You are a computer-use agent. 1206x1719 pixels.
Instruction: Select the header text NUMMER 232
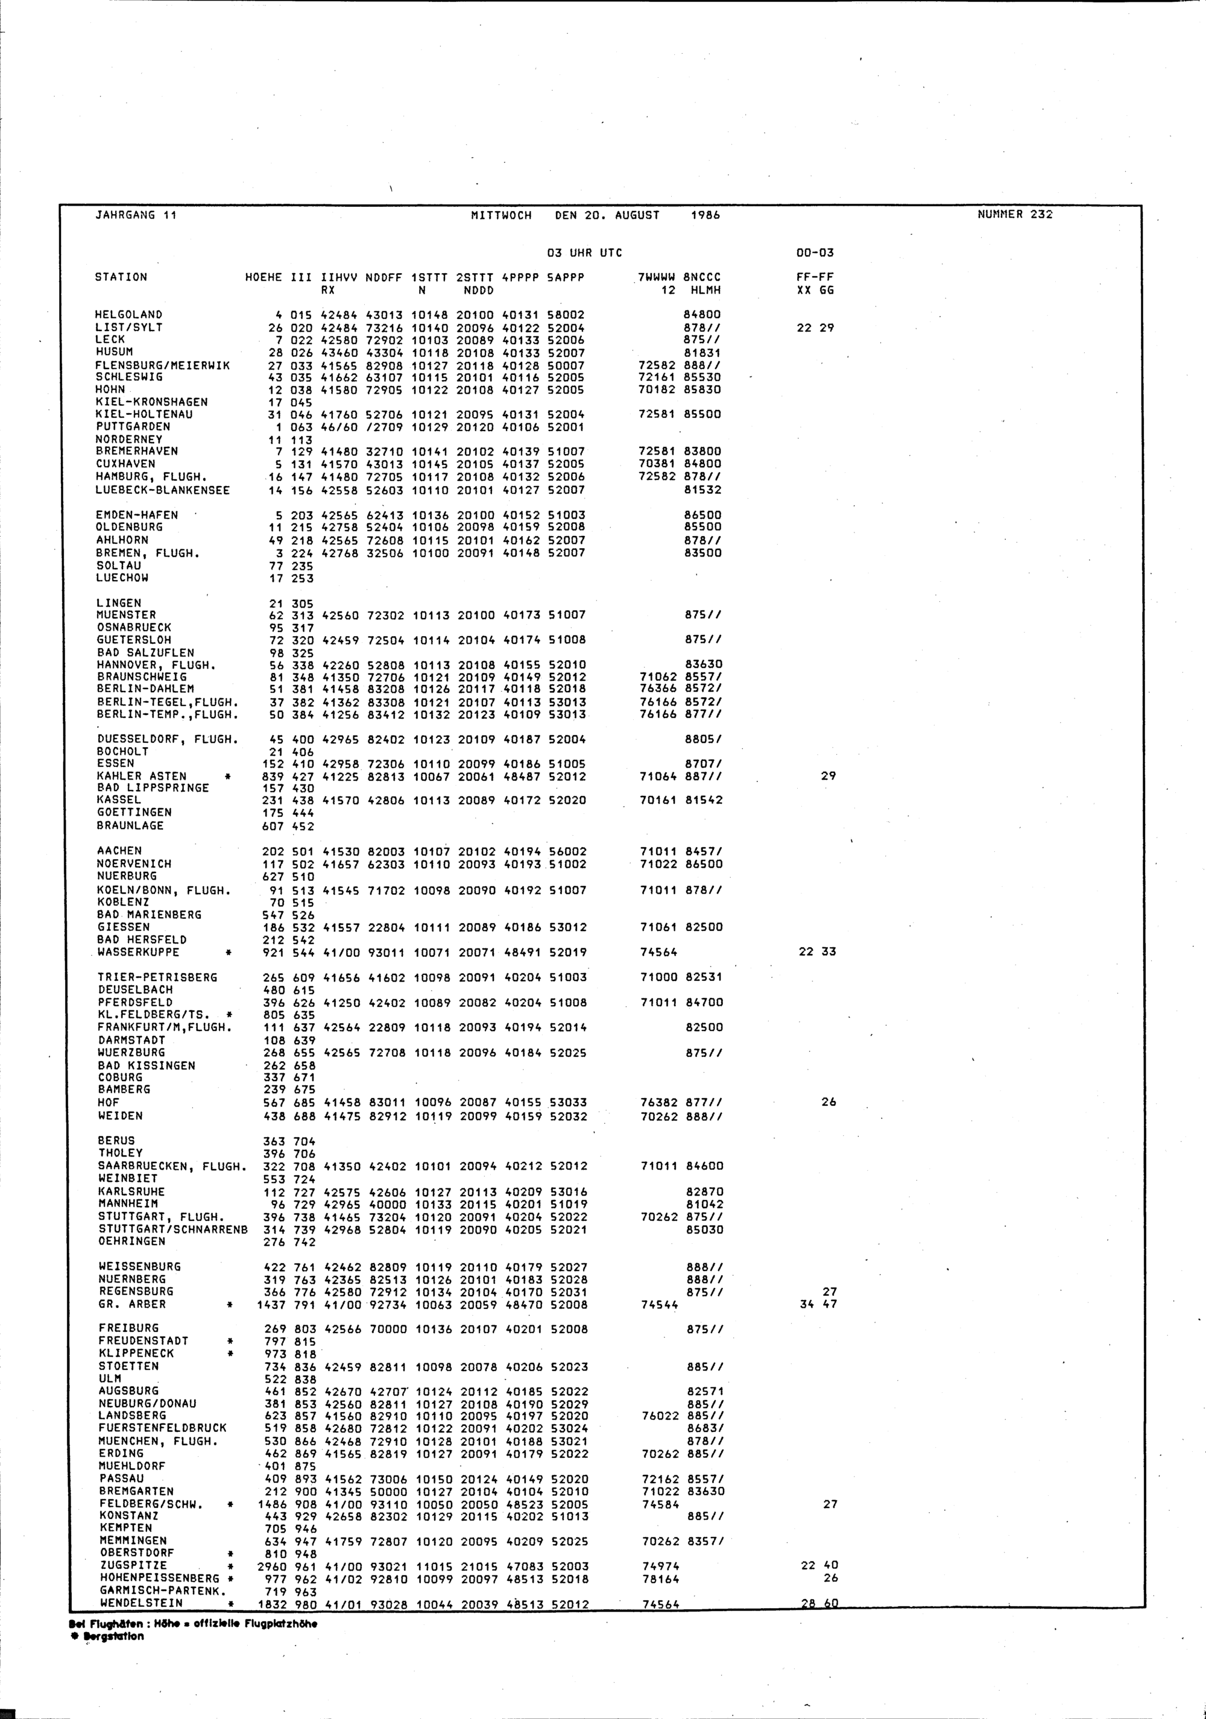click(x=1014, y=214)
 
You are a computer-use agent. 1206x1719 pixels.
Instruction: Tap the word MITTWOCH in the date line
click(x=501, y=216)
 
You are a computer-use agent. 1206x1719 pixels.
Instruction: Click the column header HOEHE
click(x=264, y=277)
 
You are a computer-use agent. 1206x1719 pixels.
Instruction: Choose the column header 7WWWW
click(x=657, y=277)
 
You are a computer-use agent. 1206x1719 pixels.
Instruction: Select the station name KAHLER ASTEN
click(x=142, y=775)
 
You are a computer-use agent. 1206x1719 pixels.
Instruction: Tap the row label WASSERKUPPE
click(x=139, y=951)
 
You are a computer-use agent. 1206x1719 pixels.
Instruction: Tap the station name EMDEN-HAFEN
click(x=137, y=515)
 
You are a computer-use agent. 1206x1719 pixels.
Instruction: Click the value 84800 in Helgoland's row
click(x=704, y=315)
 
